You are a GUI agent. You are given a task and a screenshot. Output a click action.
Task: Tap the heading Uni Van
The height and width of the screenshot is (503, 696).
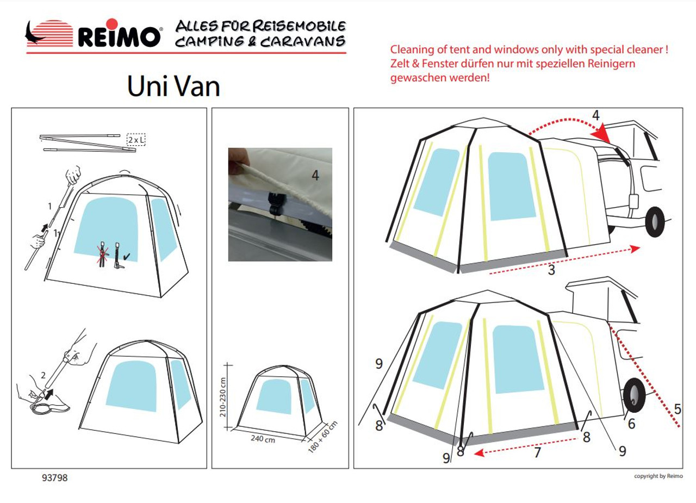pyautogui.click(x=173, y=86)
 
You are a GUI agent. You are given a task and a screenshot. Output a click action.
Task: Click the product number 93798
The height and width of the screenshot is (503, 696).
pyautogui.click(x=54, y=478)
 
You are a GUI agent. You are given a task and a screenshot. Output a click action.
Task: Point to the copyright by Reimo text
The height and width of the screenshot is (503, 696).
pyautogui.click(x=658, y=476)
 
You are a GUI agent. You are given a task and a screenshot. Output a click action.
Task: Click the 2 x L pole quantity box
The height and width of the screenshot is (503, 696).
pyautogui.click(x=136, y=140)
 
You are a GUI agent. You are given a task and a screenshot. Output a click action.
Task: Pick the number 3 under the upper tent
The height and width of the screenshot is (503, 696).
pyautogui.click(x=551, y=270)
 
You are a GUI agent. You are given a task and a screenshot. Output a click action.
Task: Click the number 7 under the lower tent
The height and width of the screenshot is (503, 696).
pyautogui.click(x=537, y=452)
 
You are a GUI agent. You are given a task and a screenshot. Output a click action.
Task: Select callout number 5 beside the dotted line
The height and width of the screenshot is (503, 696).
pyautogui.click(x=677, y=408)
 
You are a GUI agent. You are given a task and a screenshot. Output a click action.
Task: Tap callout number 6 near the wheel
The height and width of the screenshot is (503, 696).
pyautogui.click(x=631, y=423)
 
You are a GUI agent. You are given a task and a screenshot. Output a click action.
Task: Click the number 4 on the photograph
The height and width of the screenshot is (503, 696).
pyautogui.click(x=316, y=175)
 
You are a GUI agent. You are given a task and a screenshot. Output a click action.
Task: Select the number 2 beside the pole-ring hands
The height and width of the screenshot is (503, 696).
pyautogui.click(x=43, y=375)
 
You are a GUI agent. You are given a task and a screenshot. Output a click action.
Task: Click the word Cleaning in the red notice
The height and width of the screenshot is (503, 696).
pyautogui.click(x=412, y=50)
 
